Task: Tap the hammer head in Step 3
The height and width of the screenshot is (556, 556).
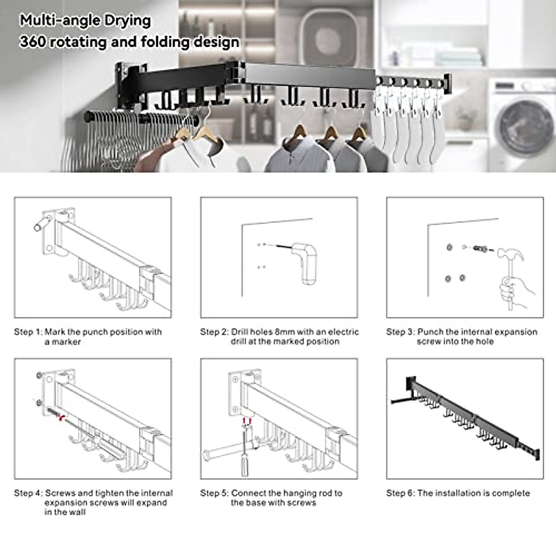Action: click(510, 254)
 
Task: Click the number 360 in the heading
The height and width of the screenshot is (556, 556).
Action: click(32, 42)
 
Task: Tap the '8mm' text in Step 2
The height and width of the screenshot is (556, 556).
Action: click(284, 332)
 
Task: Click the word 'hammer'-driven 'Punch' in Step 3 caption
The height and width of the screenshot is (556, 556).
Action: click(430, 332)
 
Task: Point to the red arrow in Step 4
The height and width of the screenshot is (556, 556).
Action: click(60, 417)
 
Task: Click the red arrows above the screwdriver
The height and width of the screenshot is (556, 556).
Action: click(246, 420)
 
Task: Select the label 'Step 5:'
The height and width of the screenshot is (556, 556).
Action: click(214, 493)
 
